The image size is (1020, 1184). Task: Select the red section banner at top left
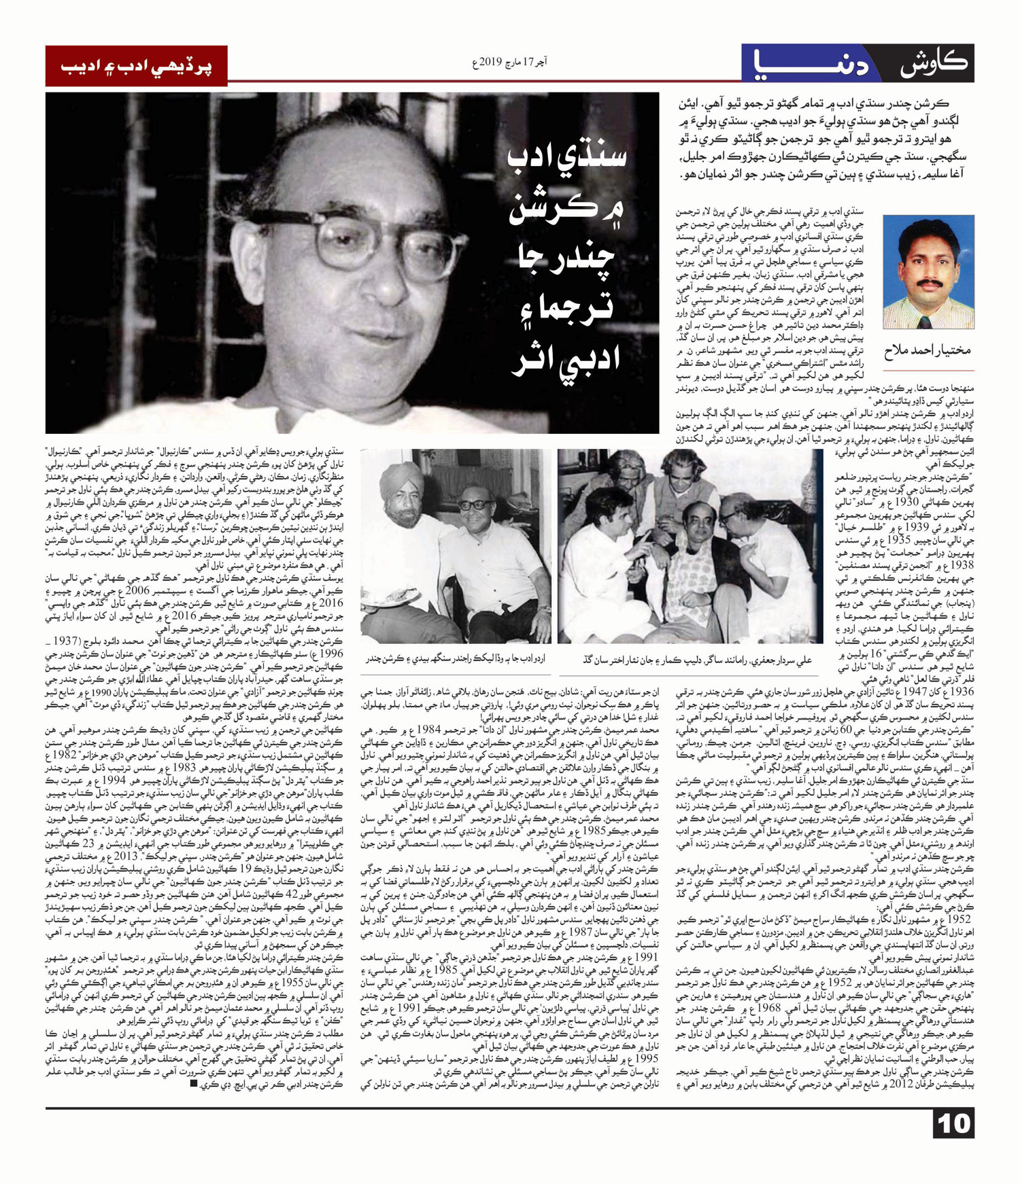coord(137,65)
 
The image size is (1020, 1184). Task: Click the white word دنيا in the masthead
coord(813,64)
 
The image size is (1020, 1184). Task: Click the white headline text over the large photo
coord(566,265)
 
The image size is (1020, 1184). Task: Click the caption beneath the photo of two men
coord(455,658)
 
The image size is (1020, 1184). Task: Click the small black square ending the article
coord(194,1083)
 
